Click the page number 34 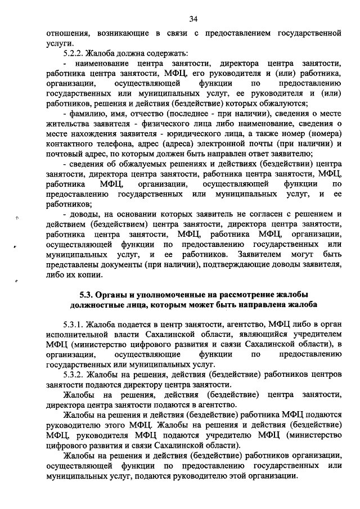193,19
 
